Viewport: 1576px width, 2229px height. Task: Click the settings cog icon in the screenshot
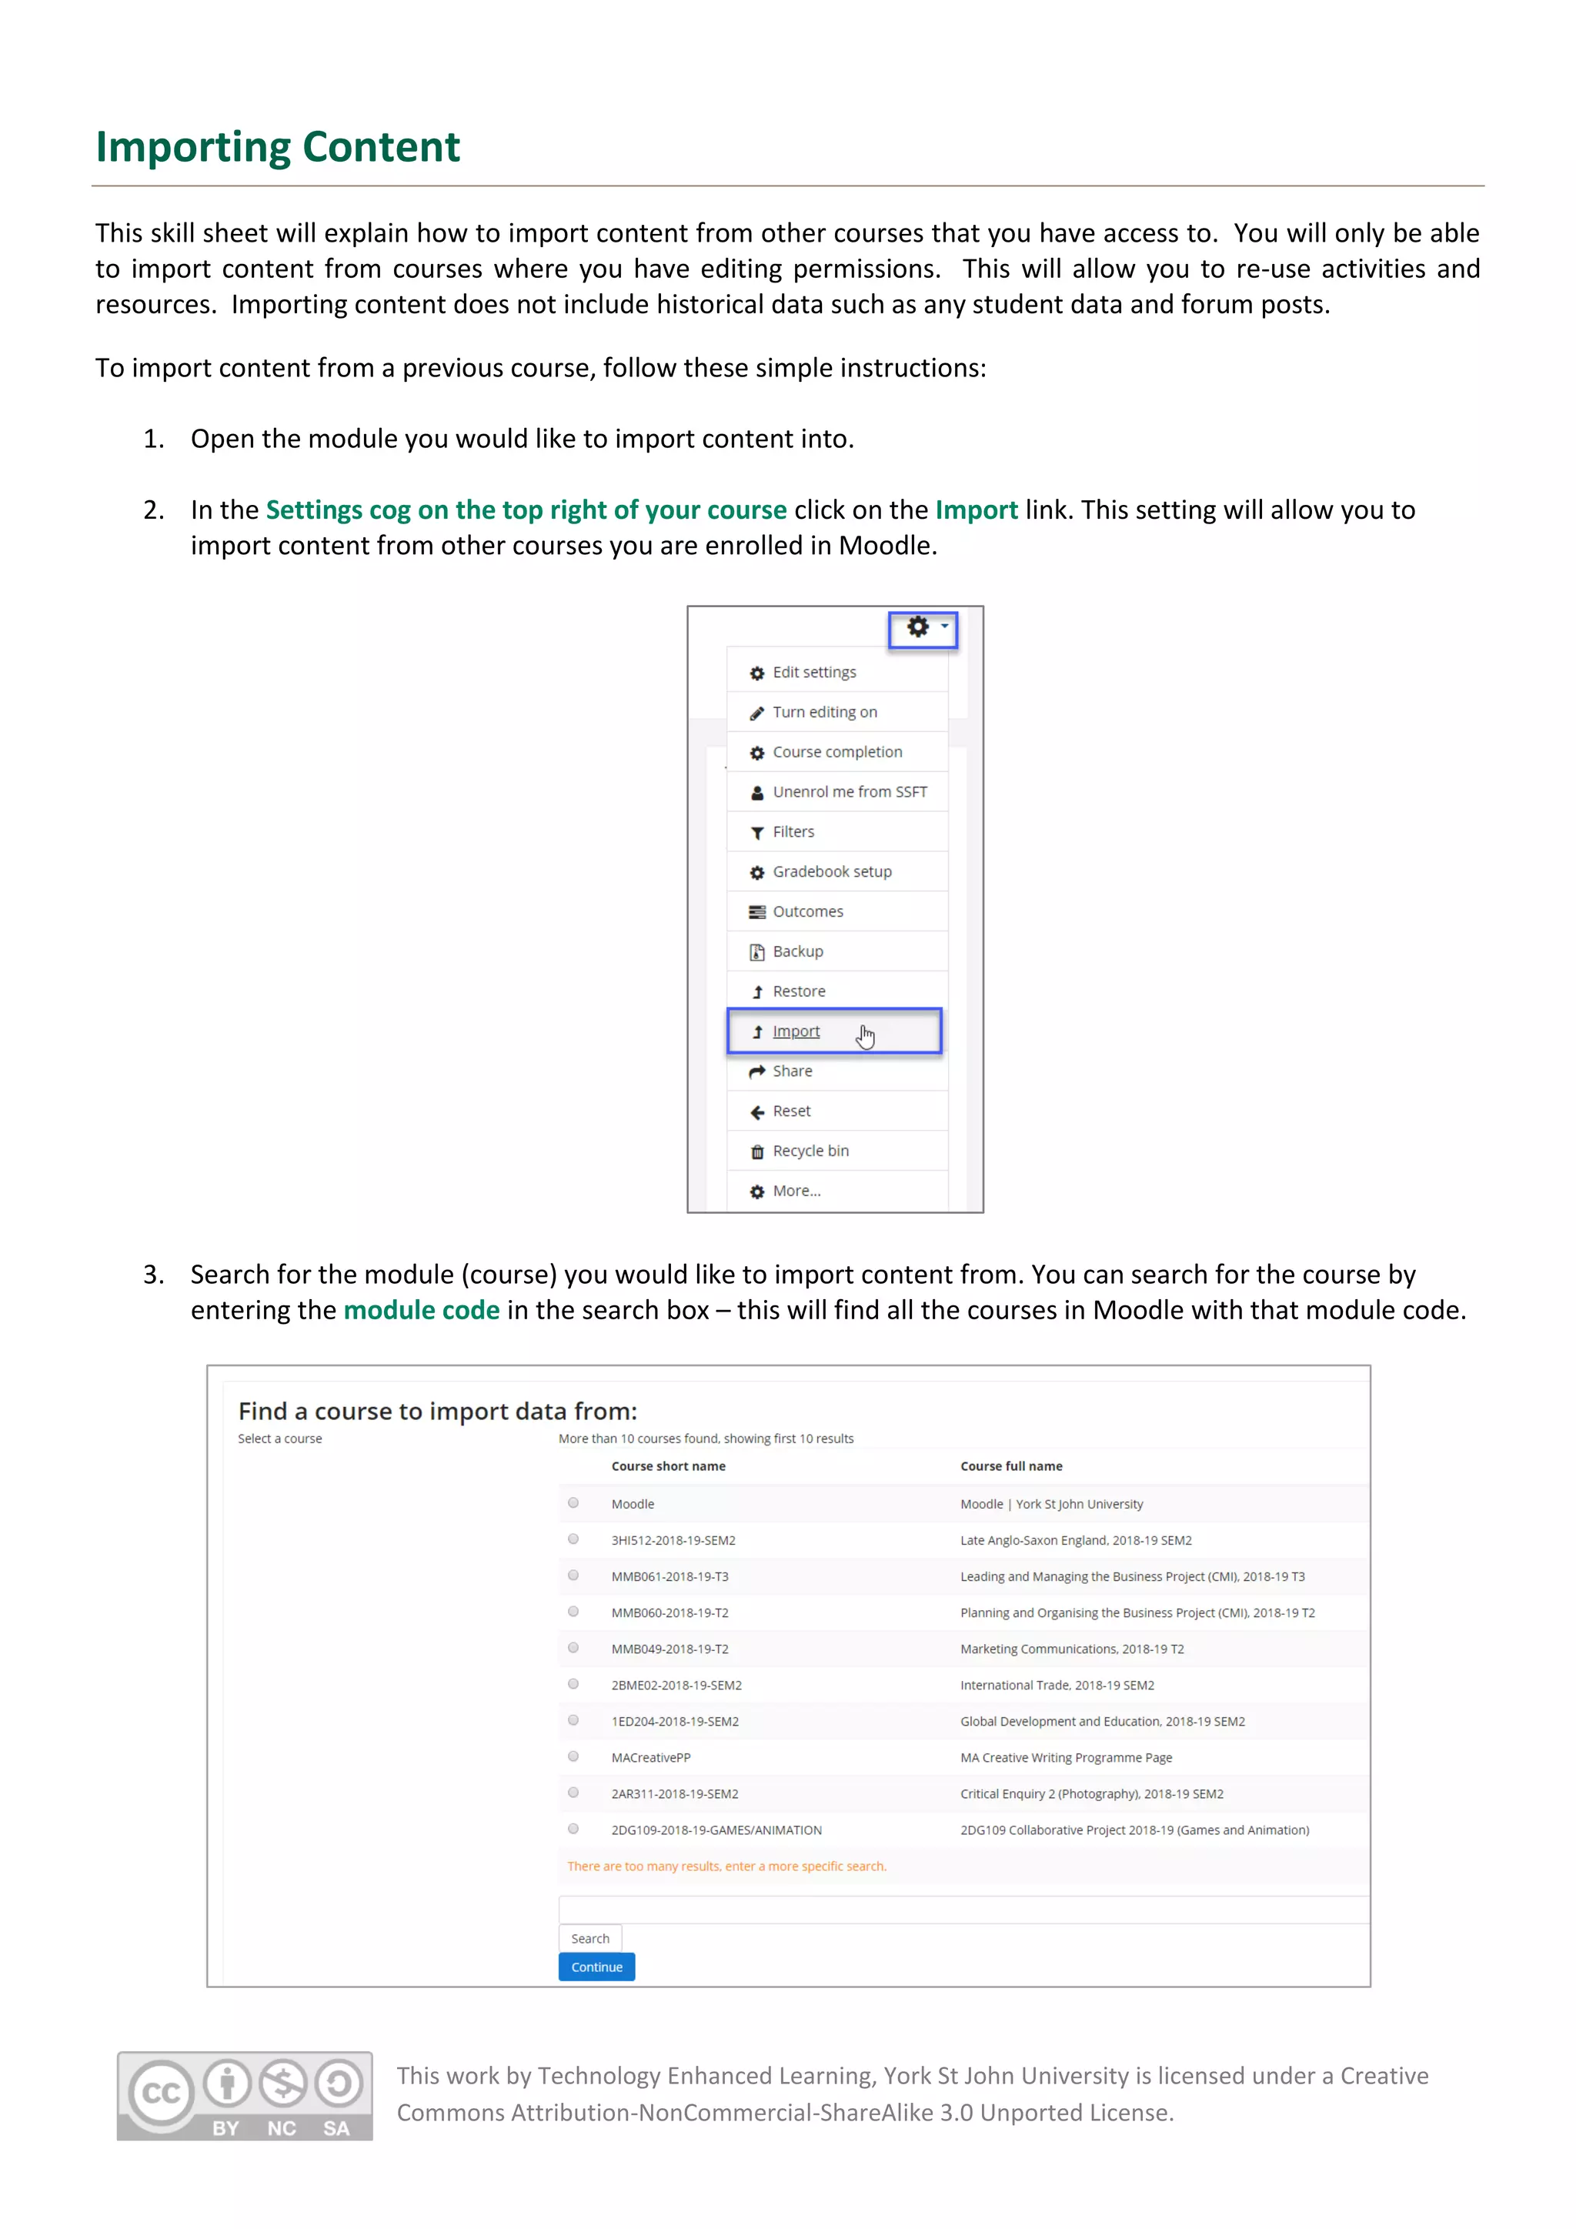click(918, 628)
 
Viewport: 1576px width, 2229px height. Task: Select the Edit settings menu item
click(813, 673)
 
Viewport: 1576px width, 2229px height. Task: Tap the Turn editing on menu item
click(824, 713)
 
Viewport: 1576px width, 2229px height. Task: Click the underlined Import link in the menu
click(796, 1032)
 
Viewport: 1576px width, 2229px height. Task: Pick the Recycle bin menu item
click(810, 1151)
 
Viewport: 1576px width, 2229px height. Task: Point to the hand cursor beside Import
click(865, 1037)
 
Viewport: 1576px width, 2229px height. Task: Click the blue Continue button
click(596, 1967)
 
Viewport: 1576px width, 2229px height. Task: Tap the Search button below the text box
click(590, 1939)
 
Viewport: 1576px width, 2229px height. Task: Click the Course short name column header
click(668, 1466)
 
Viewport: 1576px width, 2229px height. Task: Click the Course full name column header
click(1011, 1466)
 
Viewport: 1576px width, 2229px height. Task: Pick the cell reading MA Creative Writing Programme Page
click(1066, 1758)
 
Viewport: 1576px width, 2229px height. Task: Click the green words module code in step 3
click(421, 1311)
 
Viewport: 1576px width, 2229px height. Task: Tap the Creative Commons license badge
click(245, 2095)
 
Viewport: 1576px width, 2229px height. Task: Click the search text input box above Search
click(960, 1910)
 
